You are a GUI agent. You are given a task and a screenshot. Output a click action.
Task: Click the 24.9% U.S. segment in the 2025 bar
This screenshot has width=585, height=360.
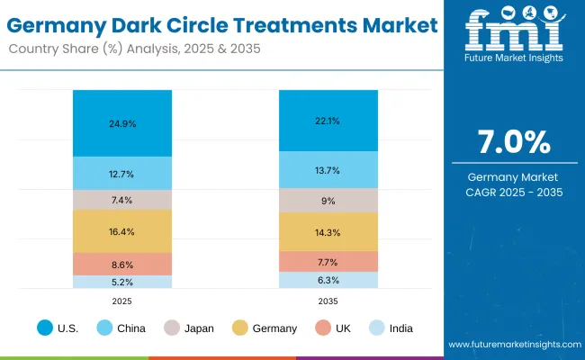pos(122,123)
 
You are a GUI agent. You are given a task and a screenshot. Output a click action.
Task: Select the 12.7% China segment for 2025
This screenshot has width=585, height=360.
pos(122,174)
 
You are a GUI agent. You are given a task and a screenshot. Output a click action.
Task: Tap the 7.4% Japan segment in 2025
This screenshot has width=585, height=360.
pos(122,200)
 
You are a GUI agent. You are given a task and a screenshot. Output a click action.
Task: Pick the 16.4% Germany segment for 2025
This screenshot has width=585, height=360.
pos(122,231)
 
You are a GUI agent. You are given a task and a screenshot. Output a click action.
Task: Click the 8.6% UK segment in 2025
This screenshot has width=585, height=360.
pos(122,265)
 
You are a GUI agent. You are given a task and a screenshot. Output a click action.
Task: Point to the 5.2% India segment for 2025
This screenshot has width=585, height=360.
pos(122,282)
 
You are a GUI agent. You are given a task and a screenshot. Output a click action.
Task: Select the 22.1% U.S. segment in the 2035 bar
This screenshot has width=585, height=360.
pos(328,121)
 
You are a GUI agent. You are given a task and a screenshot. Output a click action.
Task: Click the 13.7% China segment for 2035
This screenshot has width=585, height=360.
pos(328,170)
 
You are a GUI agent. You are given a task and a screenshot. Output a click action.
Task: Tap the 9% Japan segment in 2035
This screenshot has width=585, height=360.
pos(328,201)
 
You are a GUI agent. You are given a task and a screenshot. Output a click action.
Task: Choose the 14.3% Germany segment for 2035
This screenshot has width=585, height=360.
pos(328,232)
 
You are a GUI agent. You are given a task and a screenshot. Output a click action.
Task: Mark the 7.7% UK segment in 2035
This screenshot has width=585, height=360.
pos(328,262)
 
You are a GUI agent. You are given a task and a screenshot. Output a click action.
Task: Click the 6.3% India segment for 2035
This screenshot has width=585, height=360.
pos(328,280)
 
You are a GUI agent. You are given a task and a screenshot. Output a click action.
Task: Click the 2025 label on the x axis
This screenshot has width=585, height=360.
pos(122,301)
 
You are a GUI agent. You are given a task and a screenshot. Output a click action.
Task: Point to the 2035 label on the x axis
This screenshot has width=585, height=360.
pos(328,301)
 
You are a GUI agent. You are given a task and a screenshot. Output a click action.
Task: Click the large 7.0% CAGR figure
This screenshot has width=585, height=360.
pos(514,143)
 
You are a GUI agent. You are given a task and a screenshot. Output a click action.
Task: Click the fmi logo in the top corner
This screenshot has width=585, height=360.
pos(514,35)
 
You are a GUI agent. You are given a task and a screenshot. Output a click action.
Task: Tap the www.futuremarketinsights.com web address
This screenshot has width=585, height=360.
pos(512,345)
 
